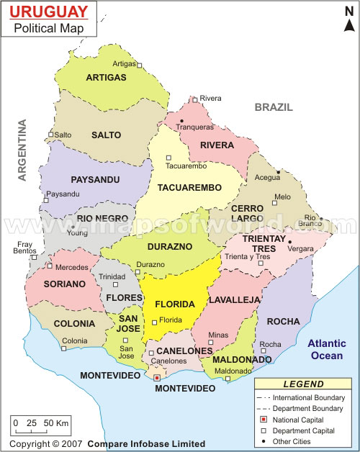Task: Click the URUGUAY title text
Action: click(49, 12)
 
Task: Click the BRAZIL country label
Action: click(274, 107)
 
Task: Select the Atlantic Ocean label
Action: click(329, 349)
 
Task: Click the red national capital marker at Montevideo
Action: click(158, 376)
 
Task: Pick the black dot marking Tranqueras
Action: click(182, 120)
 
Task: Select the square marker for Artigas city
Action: click(140, 65)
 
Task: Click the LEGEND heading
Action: click(303, 384)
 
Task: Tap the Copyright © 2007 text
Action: click(43, 444)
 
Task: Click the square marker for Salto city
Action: click(50, 135)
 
